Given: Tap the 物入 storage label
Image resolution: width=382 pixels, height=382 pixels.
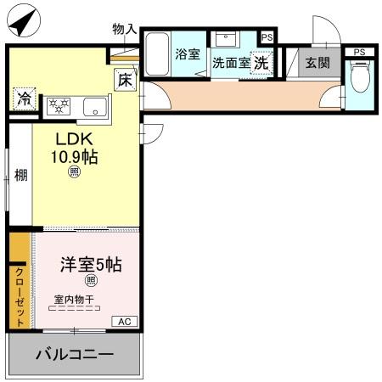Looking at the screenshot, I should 124,29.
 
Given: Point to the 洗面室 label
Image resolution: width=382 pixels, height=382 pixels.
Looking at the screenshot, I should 230,62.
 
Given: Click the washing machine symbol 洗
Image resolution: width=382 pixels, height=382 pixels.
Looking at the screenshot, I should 262,61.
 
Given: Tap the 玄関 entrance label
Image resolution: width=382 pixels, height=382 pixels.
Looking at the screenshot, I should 318,61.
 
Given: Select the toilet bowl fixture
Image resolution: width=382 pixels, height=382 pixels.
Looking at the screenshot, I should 359,78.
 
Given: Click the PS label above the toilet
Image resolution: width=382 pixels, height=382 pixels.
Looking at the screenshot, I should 360,52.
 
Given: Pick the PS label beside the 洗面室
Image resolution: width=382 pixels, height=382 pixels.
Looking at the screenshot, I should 267,37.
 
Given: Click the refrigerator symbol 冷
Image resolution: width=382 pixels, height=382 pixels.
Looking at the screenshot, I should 24,98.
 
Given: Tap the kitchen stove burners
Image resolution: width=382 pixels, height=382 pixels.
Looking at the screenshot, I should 59,106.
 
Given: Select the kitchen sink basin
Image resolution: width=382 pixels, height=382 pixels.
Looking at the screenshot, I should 95,106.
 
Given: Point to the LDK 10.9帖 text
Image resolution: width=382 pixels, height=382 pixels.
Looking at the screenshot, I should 74,148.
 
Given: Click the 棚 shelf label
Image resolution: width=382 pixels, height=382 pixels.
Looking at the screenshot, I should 20,176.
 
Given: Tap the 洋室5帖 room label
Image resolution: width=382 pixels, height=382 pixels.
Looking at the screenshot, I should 91,264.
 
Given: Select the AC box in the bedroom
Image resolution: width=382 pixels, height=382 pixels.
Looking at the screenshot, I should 124,321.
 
